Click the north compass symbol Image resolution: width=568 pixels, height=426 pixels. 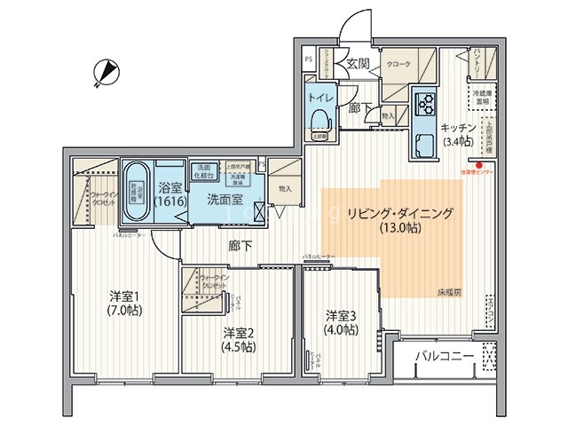105,70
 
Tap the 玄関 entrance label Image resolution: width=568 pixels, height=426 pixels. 358,64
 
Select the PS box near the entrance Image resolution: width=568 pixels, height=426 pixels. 308,59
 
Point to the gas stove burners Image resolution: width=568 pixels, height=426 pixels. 423,104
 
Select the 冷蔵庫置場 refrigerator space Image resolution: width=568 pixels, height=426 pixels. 484,97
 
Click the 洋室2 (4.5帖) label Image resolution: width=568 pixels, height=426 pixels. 238,340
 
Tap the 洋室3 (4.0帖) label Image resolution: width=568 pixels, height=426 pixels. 342,322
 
